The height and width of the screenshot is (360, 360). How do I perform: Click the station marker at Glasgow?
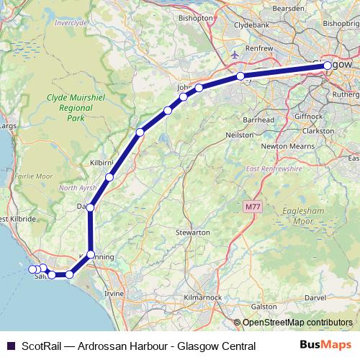pos(328,65)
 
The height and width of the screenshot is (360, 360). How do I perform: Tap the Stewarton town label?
pos(192,233)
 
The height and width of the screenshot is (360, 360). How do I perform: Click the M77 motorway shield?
pos(251,207)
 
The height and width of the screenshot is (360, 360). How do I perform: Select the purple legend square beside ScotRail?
pos(10,347)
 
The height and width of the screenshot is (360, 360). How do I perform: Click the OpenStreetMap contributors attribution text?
pos(297,322)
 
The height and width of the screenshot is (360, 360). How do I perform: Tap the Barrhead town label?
pos(260,119)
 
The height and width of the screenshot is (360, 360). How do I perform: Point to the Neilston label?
pos(240,135)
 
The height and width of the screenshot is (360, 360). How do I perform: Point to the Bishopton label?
pos(195,17)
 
